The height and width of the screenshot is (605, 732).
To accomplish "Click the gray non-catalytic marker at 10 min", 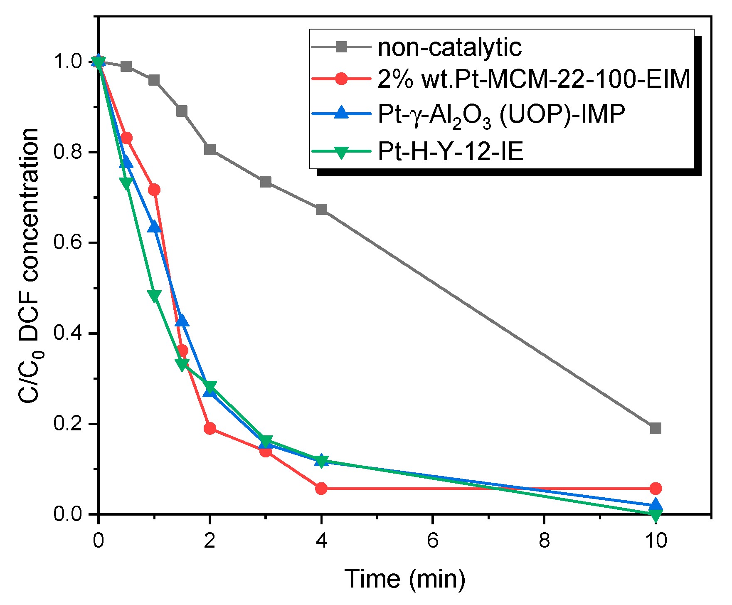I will tap(656, 428).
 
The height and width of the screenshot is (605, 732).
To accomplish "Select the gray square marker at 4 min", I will tap(321, 209).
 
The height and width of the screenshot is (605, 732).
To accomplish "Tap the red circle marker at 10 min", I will tap(656, 489).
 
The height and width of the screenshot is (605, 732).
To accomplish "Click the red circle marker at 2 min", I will tap(210, 428).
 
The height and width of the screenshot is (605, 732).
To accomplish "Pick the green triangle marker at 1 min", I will tap(154, 296).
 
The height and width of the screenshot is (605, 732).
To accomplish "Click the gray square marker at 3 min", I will tap(266, 182).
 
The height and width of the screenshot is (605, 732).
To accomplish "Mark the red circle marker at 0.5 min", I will tap(126, 138).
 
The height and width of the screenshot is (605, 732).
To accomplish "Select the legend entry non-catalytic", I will tap(449, 47).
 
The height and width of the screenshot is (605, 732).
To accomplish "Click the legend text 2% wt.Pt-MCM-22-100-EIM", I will tap(534, 79).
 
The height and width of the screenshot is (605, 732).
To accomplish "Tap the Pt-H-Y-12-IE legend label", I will tap(450, 151).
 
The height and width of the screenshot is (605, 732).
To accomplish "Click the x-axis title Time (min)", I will tap(405, 578).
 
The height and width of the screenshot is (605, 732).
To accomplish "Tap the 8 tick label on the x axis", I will tap(544, 541).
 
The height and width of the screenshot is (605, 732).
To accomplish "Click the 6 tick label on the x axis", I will tap(433, 541).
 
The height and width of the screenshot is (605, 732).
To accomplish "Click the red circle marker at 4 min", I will tap(321, 489).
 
